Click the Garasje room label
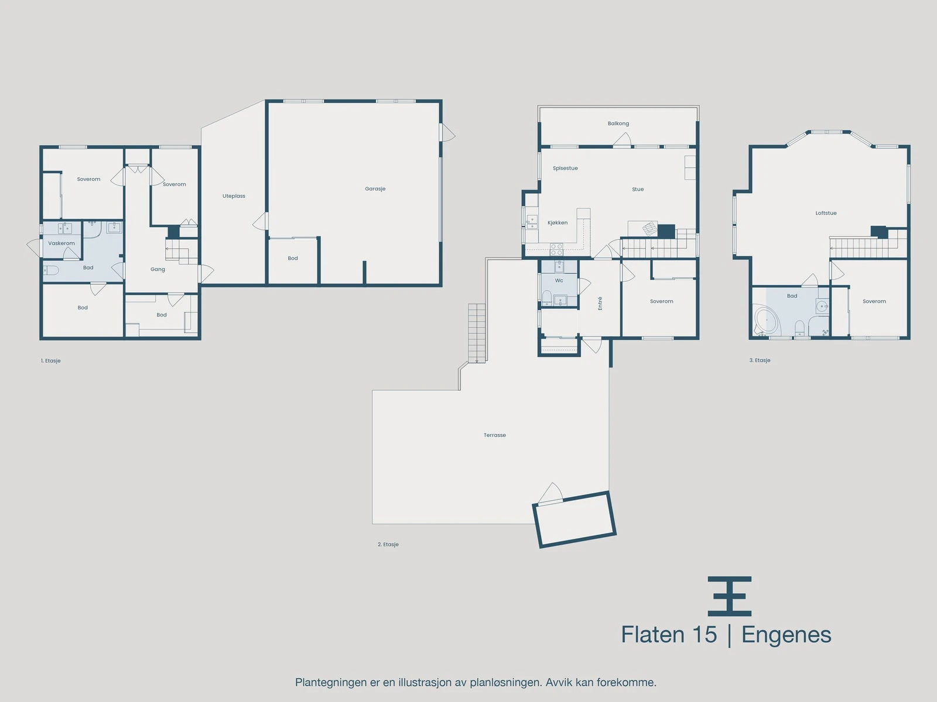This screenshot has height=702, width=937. point(375,189)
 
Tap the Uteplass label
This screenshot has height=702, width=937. point(234,196)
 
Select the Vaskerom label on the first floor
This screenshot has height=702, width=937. point(61,243)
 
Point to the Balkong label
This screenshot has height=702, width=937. point(618,123)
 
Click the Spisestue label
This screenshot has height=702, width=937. point(565,168)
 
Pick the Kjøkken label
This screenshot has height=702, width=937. point(558,223)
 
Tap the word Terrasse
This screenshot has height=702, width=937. point(495,435)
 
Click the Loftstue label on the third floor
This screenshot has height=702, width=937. point(826,213)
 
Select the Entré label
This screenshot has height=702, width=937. point(600,303)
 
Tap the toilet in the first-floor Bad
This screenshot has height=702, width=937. point(50,270)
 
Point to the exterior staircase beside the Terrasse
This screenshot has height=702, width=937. point(477,332)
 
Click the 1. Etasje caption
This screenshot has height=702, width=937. point(51,361)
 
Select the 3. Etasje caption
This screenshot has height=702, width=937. point(760,360)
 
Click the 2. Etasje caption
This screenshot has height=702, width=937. point(388,545)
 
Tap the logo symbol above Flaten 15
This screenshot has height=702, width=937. point(729,596)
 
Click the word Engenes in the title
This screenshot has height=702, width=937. point(786,635)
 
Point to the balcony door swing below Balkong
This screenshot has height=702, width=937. point(622,140)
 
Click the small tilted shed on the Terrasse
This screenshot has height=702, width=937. point(574,519)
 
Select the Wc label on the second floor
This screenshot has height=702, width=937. point(559,281)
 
